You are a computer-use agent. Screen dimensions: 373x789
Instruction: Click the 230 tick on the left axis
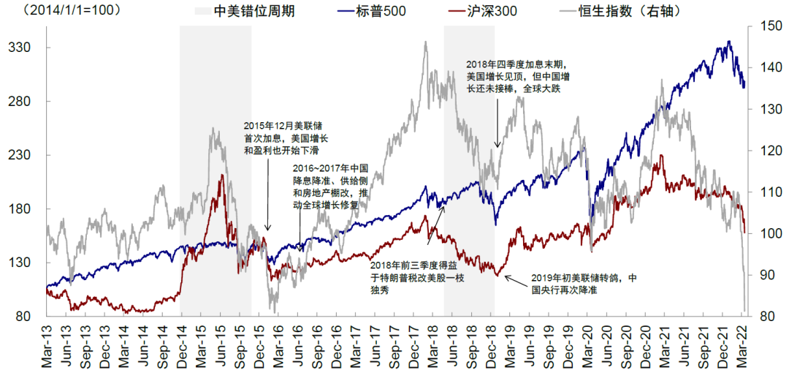coord(26,155)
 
